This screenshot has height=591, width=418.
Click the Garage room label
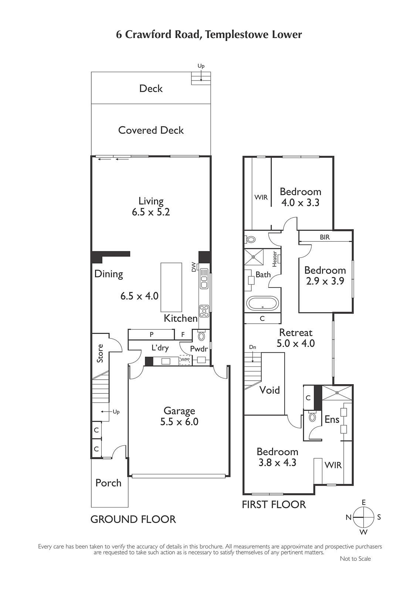point(179,411)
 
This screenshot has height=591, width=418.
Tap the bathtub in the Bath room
point(262,303)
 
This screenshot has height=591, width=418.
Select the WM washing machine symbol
point(185,360)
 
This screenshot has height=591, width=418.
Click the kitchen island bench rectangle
point(171,287)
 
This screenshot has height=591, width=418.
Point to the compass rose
point(364,517)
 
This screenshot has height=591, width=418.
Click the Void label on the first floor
point(269,390)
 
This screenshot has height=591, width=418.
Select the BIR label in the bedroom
point(325,237)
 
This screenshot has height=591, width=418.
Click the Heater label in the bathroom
point(275,259)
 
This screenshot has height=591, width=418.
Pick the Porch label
point(108,483)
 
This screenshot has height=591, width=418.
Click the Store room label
point(100,353)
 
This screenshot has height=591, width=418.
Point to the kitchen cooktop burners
point(204,311)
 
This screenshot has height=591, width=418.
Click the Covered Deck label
point(151,130)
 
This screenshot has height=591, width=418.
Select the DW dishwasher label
point(194,267)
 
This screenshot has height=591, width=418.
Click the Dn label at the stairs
point(253,347)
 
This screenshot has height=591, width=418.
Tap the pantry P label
point(152,335)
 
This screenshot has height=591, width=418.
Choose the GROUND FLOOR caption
point(133,519)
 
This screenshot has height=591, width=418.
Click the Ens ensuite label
point(332,419)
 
